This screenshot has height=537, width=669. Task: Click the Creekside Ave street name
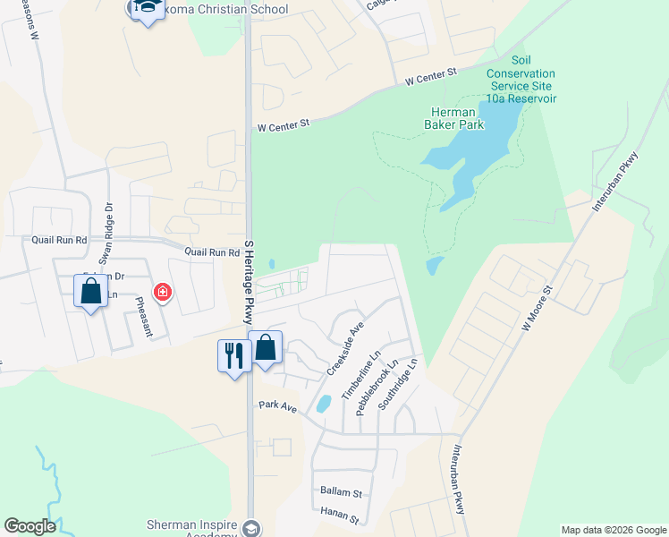click(345, 350)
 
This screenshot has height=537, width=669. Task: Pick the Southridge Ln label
click(398, 386)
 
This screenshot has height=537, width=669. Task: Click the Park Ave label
click(277, 405)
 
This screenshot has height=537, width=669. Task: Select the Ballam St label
click(341, 492)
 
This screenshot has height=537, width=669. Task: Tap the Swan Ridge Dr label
click(108, 231)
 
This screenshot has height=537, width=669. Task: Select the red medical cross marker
click(162, 291)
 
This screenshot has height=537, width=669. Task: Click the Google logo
click(30, 526)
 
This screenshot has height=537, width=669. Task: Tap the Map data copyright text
click(614, 530)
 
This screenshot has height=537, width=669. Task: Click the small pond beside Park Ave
click(323, 404)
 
